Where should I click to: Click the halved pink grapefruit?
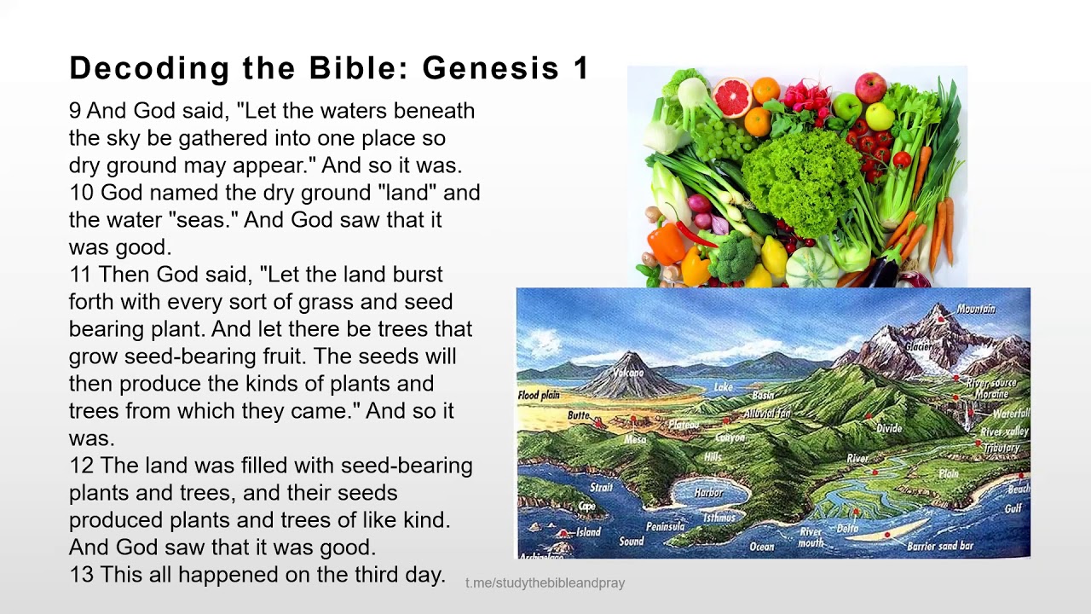[x=732, y=96]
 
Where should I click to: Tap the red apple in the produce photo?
[x=870, y=87]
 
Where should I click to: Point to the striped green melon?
[x=811, y=267]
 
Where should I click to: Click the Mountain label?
[x=976, y=309]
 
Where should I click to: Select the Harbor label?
[x=708, y=493]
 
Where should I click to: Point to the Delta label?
[x=847, y=529]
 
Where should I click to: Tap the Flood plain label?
[x=539, y=396]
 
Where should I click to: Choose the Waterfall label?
[x=1012, y=414]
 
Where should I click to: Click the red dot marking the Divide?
[x=869, y=417]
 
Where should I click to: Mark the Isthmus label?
[x=719, y=518]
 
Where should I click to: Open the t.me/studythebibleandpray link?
[x=545, y=583]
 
